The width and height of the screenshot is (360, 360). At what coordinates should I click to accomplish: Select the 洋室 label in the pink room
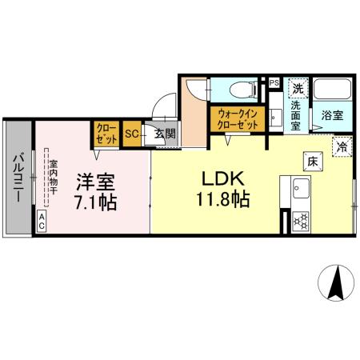[94, 181]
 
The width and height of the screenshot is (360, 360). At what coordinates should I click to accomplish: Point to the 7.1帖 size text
[95, 202]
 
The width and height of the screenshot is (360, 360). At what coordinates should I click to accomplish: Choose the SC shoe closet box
[130, 134]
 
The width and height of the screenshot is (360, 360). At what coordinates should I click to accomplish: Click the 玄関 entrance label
[165, 134]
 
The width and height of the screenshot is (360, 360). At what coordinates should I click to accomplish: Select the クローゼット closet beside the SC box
[107, 134]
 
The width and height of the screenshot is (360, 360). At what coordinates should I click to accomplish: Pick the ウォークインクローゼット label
[237, 120]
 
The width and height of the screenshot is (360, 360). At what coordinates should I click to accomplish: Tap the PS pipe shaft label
[274, 82]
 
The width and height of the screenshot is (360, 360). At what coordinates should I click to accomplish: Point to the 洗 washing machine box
[298, 88]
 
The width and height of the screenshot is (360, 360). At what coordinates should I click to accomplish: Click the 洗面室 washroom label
[296, 114]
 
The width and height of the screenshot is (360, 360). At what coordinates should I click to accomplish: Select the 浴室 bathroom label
[332, 115]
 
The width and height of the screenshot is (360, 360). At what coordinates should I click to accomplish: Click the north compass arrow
[338, 282]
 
